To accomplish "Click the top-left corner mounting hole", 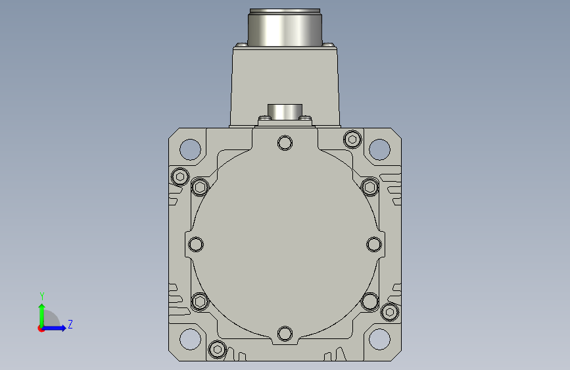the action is coord(190,149).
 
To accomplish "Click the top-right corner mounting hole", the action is coord(379,149).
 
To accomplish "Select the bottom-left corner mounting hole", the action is coord(190,339).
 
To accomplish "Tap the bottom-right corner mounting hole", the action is coord(379,339).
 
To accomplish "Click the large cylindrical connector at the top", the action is coord(285,27).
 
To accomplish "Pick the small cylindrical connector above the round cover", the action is coord(285,112).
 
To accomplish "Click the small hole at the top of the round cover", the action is coord(285,143).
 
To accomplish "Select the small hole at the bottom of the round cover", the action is coord(285,334).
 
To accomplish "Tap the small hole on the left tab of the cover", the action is coord(196,244).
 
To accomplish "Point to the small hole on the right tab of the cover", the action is coord(374,244).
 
